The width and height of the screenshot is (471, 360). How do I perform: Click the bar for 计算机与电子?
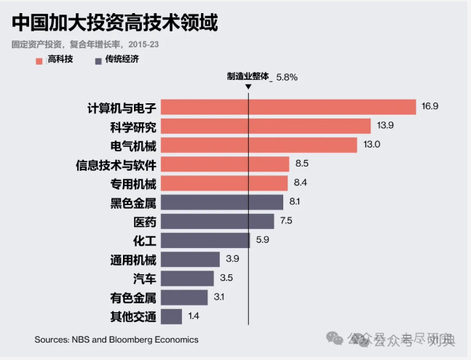pyautogui.click(x=288, y=107)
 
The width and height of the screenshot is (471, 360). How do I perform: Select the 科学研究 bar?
pyautogui.click(x=266, y=126)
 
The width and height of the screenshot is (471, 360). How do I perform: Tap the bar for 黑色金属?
pyautogui.click(x=222, y=202)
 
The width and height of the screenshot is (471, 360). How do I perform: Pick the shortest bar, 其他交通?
pyautogui.click(x=171, y=316)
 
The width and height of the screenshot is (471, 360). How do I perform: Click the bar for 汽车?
pyautogui.click(x=187, y=279)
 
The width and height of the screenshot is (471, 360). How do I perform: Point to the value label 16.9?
pyautogui.click(x=430, y=107)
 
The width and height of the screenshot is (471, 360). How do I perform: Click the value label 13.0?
pyautogui.click(x=372, y=145)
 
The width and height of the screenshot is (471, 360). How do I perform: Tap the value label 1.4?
pyautogui.click(x=194, y=316)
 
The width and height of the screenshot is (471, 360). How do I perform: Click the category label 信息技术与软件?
pyautogui.click(x=116, y=164)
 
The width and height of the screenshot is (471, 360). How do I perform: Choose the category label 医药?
pyautogui.click(x=144, y=221)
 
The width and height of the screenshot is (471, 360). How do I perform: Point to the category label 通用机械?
pyautogui.click(x=133, y=260)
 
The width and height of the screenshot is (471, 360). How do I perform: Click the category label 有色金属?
pyautogui.click(x=133, y=297)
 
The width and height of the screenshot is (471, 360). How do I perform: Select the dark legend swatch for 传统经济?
pyautogui.click(x=98, y=60)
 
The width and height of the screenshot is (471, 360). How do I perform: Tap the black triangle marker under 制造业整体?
pyautogui.click(x=248, y=87)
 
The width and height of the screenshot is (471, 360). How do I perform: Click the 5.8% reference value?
pyautogui.click(x=287, y=76)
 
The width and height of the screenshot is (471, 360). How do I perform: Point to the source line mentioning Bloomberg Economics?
pyautogui.click(x=116, y=340)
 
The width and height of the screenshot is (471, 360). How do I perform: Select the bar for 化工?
pyautogui.click(x=205, y=240)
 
